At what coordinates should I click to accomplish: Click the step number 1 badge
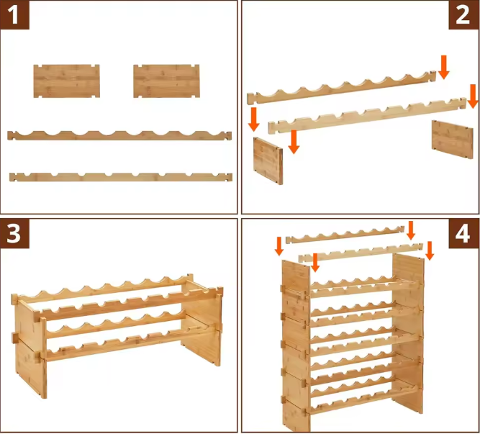[x=14, y=14]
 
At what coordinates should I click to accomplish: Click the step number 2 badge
[x=463, y=14]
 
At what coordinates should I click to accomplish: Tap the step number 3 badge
[x=14, y=233]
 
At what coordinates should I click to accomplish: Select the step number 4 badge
[x=463, y=234]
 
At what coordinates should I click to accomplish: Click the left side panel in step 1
[x=66, y=81]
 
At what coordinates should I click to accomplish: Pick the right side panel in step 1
[x=166, y=81]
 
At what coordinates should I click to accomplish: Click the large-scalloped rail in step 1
[x=119, y=135]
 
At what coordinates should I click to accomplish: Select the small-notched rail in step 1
[x=121, y=177]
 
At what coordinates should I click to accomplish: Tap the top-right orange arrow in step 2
[x=443, y=67]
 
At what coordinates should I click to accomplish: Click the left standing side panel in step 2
[x=268, y=161]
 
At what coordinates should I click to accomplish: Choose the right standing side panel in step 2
[x=452, y=139]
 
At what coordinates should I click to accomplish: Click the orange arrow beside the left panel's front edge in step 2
[x=294, y=142]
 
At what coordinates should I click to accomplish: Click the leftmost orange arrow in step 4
[x=279, y=246]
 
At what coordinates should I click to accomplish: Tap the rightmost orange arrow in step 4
[x=430, y=250]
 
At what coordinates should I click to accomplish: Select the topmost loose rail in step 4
[x=345, y=235]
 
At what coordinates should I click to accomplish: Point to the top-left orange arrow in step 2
[x=254, y=119]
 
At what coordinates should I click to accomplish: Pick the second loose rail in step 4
[x=361, y=253]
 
